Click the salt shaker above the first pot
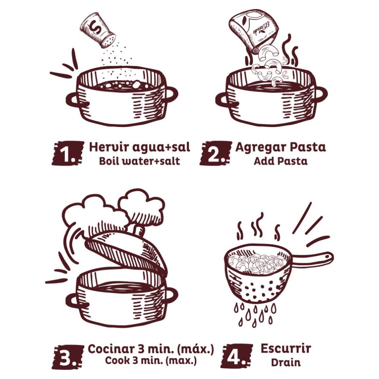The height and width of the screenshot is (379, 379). point(97,31)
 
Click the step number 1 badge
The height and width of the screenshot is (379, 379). point(67,153)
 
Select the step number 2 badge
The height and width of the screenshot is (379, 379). point(215,153)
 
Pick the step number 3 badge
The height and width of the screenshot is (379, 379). point(68,357)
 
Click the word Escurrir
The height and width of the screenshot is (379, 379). point(286,349)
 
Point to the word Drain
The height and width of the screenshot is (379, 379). point(286,363)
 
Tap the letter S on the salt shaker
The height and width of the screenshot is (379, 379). point(93,27)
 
